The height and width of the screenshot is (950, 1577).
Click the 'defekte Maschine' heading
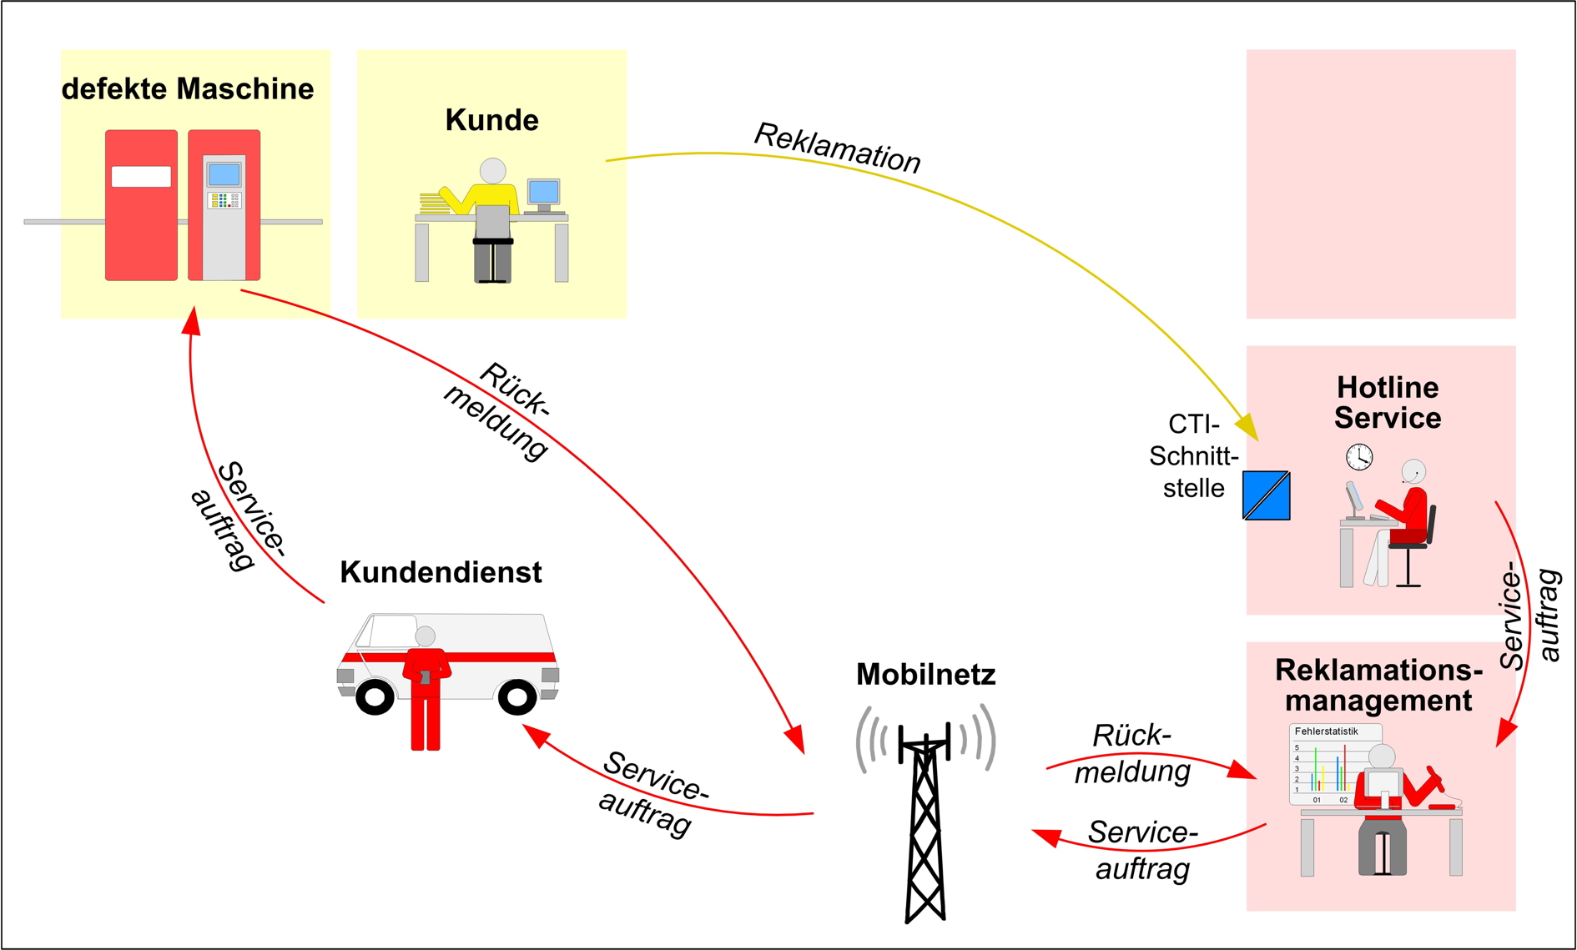(x=188, y=89)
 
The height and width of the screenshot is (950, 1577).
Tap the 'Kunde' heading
(x=491, y=120)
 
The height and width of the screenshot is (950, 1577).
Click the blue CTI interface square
(x=1267, y=495)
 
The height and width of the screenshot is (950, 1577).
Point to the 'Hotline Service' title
(x=1387, y=403)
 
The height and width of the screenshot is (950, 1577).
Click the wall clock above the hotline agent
(x=1359, y=456)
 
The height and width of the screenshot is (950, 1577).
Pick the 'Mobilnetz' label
(x=925, y=674)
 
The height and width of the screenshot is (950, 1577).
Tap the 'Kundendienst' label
(x=441, y=572)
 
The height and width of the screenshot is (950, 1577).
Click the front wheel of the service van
(x=517, y=696)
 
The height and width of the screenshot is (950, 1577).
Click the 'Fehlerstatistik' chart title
(x=1326, y=731)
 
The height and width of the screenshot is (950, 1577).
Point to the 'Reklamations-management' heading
(x=1378, y=685)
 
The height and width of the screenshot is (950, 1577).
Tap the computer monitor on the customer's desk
(x=544, y=193)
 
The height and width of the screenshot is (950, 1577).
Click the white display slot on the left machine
(x=141, y=177)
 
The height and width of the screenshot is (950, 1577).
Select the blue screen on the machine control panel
(x=224, y=175)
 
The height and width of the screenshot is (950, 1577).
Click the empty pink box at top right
(x=1381, y=183)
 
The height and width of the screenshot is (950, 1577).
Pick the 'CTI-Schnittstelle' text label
(x=1194, y=456)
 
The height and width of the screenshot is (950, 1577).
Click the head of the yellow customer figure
(x=492, y=171)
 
